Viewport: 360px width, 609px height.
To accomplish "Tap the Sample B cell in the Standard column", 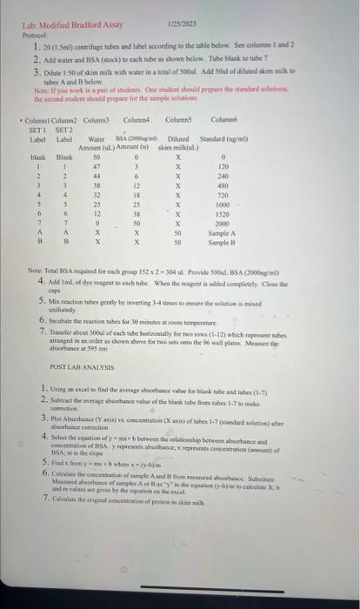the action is point(223,244).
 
